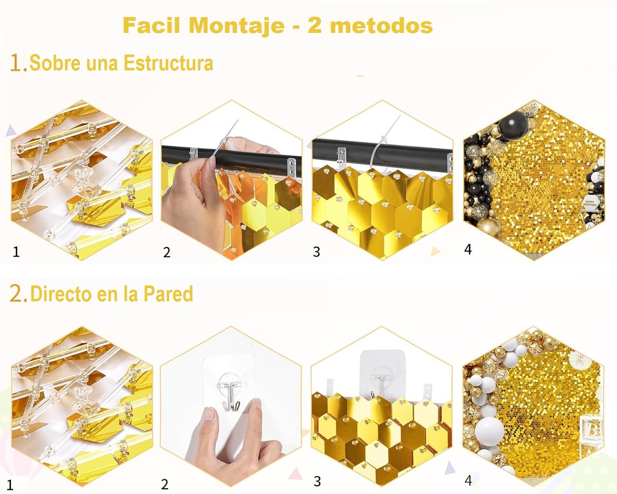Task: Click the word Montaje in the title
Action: pyautogui.click(x=237, y=26)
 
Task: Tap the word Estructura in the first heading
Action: pyautogui.click(x=168, y=63)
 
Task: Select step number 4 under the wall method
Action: pyautogui.click(x=468, y=480)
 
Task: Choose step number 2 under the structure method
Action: pyautogui.click(x=167, y=252)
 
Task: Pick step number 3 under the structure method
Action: pyautogui.click(x=316, y=252)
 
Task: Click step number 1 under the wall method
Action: pyautogui.click(x=10, y=485)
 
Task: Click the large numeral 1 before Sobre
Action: pyautogui.click(x=16, y=63)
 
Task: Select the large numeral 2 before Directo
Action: pyautogui.click(x=16, y=293)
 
